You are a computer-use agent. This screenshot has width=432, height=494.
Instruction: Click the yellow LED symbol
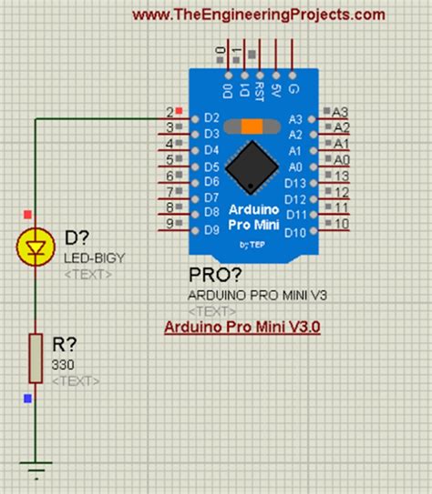(36, 247)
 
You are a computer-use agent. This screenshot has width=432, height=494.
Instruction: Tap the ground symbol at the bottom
(36, 472)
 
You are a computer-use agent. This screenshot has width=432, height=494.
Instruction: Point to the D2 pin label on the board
(211, 117)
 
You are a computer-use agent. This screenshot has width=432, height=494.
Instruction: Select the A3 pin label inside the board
(294, 118)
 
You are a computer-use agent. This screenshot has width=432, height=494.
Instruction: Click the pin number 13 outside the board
(342, 176)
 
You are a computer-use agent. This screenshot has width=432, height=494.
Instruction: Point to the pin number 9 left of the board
(170, 223)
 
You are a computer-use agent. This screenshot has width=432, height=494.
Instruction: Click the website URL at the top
(258, 14)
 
